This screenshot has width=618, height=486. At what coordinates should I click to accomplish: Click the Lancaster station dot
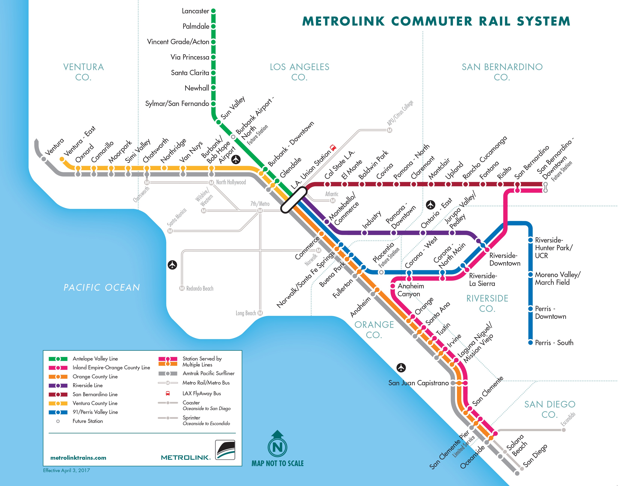[x=213, y=11]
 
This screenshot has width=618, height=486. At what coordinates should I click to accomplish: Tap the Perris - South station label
[x=554, y=343]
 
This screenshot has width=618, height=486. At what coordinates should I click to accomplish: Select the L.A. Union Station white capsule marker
[x=294, y=200]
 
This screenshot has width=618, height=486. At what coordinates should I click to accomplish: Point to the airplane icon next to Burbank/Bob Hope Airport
[x=236, y=159]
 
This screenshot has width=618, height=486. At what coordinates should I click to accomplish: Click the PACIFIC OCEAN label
[x=102, y=287]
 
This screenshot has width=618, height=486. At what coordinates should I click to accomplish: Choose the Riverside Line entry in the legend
[x=87, y=385]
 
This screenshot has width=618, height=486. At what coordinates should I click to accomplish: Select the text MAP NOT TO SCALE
[x=277, y=463]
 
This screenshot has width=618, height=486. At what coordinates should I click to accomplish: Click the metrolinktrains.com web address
[x=78, y=458]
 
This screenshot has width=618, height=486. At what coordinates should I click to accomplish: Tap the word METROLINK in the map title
[x=343, y=21]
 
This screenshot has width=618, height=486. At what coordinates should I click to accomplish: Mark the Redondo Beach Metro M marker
[x=182, y=288]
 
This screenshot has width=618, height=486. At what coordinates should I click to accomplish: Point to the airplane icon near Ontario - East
[x=430, y=205]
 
